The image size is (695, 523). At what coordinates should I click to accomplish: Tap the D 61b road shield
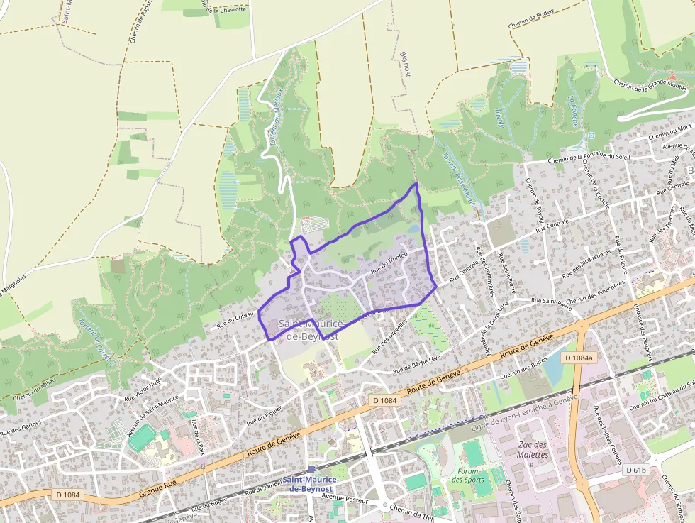tap(637, 470)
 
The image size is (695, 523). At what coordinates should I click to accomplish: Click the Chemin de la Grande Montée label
tap(650, 87)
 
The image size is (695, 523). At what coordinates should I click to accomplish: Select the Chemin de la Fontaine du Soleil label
tap(588, 158)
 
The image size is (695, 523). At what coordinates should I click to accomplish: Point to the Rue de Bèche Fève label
tap(418, 363)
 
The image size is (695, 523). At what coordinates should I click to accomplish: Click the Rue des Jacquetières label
tap(586, 264)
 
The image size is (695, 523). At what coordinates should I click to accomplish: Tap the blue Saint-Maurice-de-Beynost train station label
tap(311, 484)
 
